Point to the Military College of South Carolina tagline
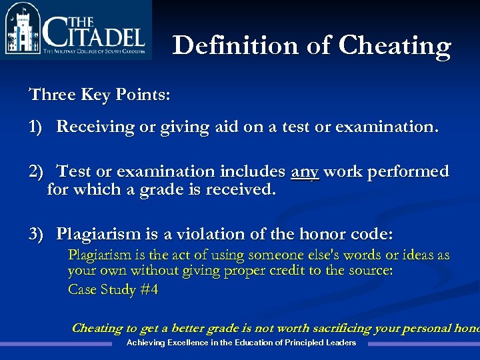(93, 51)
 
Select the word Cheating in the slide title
(395, 45)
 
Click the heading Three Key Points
(99, 94)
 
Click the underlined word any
(305, 172)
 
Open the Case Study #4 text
(113, 289)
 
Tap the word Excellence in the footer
(181, 343)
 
